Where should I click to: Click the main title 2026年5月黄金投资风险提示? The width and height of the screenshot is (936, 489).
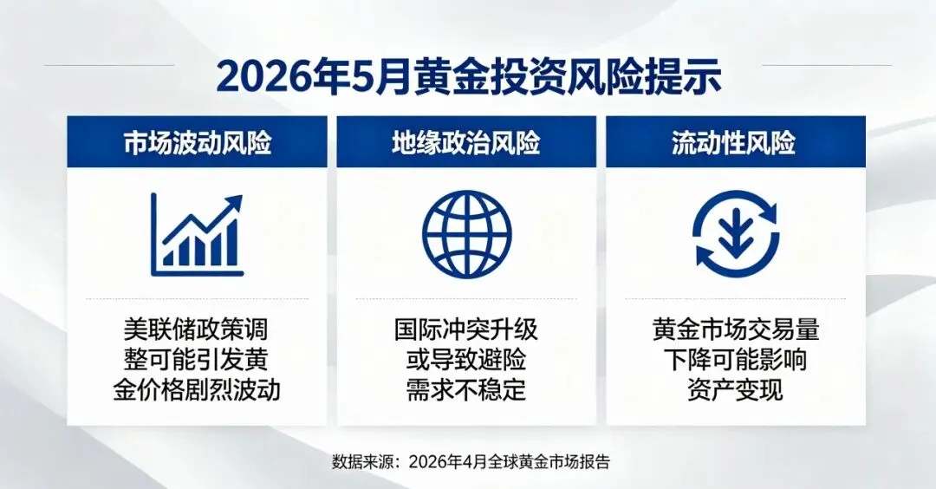point(469,76)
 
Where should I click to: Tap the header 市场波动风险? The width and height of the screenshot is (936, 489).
point(198,143)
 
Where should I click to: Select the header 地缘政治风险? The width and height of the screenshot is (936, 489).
point(466,143)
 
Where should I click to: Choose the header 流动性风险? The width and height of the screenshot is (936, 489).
point(734,143)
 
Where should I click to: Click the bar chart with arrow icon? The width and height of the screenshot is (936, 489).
point(197,235)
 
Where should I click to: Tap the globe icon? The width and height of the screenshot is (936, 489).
point(467,234)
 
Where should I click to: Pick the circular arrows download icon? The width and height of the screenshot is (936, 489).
point(736,233)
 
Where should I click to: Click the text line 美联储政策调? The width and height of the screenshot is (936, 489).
point(197,329)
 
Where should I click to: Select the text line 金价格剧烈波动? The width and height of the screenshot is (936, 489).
point(197,390)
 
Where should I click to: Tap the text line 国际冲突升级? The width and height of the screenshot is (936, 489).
point(466,329)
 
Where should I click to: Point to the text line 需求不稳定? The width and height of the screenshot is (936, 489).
point(466,390)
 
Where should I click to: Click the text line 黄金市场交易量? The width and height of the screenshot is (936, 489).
point(736,329)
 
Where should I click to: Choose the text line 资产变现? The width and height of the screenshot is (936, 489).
point(736,390)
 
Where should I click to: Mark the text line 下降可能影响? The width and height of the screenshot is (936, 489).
point(736,360)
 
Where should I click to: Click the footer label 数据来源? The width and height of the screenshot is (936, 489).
point(361,461)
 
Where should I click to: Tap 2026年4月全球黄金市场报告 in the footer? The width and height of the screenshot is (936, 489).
point(510,461)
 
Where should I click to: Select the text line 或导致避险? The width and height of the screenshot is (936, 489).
point(466,360)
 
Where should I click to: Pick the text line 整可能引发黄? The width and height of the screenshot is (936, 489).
point(197,360)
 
